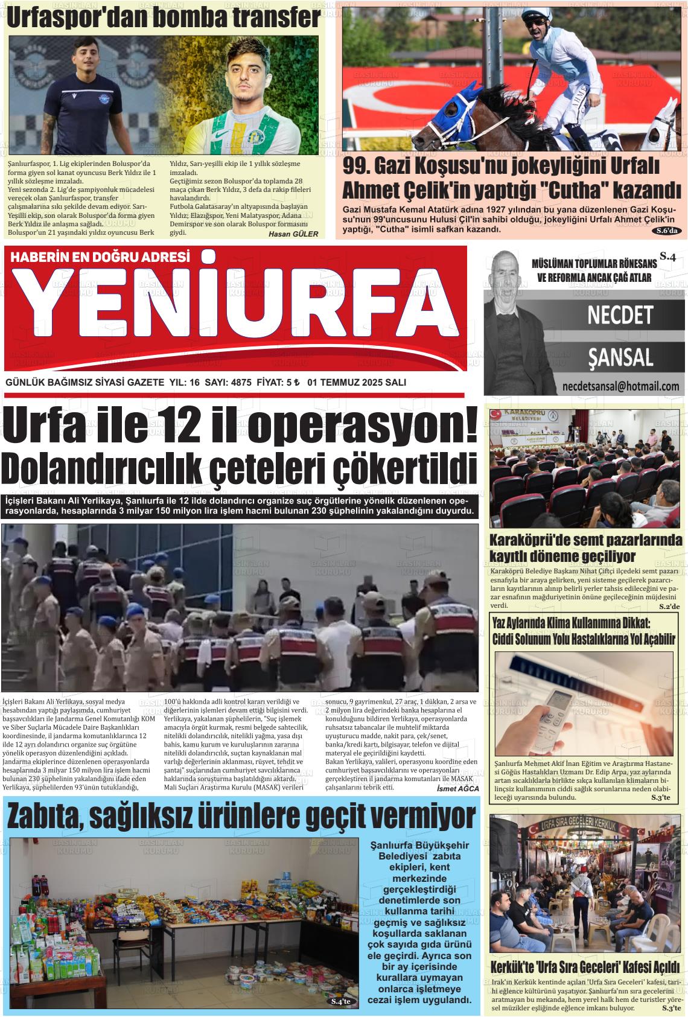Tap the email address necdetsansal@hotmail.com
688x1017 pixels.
620,386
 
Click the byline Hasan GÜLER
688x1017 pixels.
293,234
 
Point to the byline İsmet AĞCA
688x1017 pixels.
457,788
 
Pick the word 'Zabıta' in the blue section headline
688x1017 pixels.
45,818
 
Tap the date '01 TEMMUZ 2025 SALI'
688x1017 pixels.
356,383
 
